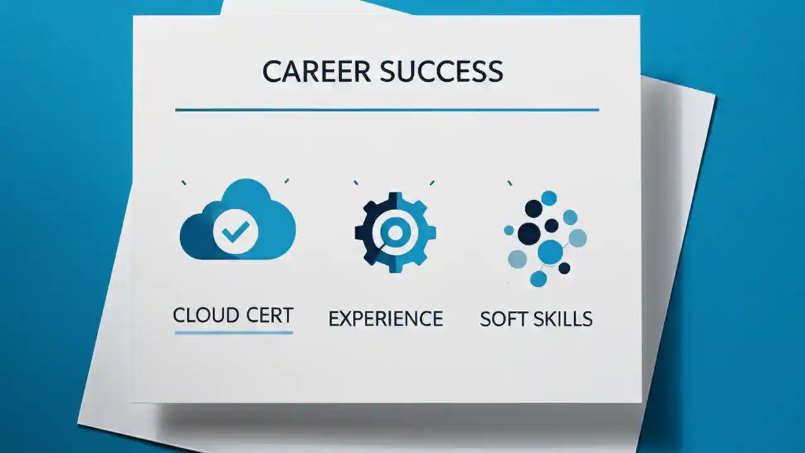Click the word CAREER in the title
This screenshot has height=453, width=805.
(316, 72)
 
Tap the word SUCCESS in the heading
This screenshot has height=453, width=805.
(441, 72)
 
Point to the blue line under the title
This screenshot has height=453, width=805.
(387, 110)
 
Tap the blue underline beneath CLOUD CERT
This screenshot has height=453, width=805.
(233, 332)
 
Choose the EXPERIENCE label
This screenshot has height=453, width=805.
(386, 318)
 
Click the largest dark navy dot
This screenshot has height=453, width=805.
(530, 233)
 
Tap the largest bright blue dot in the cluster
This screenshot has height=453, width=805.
(550, 252)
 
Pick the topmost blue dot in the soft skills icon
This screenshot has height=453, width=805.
(549, 198)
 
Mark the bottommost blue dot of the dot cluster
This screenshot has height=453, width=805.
(538, 279)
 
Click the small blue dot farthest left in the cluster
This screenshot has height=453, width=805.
(509, 230)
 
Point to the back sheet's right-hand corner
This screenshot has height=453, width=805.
(714, 96)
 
